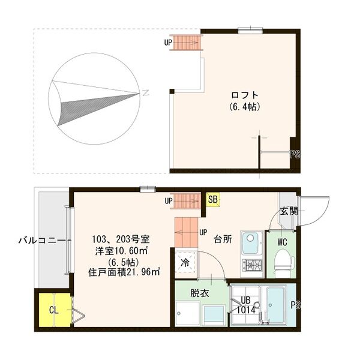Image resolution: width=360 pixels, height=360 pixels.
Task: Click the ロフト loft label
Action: tap(245, 95)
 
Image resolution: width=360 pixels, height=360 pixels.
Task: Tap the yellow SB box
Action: tap(213, 199)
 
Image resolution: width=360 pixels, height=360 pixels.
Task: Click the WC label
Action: tap(282, 242)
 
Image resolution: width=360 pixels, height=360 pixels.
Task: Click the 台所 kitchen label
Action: tap(223, 239)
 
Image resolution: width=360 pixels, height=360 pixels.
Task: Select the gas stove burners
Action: tap(252, 265)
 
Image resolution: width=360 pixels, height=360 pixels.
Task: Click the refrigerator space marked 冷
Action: tap(185, 262)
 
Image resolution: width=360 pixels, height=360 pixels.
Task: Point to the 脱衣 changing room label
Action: tap(200, 293)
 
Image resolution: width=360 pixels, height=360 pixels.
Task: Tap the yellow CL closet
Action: tap(55, 310)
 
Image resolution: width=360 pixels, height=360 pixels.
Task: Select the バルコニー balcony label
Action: tap(41, 241)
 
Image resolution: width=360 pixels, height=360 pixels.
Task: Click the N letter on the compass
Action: tap(146, 93)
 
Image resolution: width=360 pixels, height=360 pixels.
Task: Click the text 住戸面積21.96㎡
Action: tap(124, 272)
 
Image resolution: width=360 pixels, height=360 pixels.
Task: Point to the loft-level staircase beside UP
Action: tap(185, 42)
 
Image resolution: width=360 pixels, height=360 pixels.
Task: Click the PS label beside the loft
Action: tap(295, 154)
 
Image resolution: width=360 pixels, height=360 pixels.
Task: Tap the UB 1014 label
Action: tap(246, 305)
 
